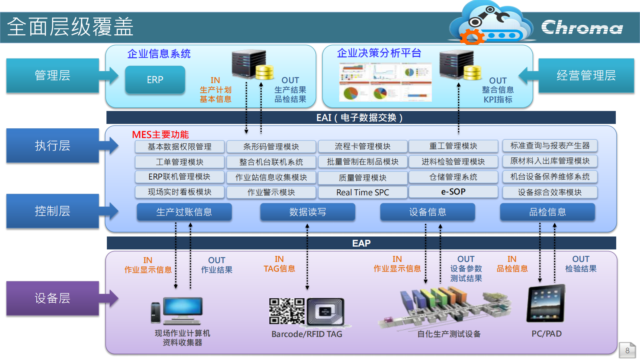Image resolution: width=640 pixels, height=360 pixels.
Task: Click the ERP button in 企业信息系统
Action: (x=155, y=80)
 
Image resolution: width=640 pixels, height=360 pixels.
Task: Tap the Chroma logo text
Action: (x=582, y=27)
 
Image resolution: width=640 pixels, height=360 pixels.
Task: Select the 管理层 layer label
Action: (x=52, y=75)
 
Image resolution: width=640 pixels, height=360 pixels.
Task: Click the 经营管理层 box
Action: (x=586, y=75)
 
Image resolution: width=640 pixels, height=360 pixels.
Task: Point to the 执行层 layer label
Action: (x=52, y=146)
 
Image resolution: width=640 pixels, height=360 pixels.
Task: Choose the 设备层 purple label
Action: (x=52, y=298)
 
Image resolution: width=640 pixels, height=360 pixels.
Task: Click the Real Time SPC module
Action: (x=363, y=193)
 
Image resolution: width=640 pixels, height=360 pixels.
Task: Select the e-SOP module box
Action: (x=453, y=192)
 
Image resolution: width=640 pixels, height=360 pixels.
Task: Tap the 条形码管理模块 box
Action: (x=271, y=147)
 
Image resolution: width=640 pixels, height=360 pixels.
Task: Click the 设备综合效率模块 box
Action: (x=550, y=193)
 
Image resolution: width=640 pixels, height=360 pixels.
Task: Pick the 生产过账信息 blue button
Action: (x=184, y=212)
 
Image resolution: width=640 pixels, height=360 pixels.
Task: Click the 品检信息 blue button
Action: (x=547, y=212)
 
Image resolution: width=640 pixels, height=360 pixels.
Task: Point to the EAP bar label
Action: (x=361, y=243)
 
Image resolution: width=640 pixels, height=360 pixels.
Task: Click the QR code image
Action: (x=287, y=311)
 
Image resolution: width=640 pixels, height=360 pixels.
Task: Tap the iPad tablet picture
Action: (x=546, y=303)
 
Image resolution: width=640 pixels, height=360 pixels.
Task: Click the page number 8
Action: (x=627, y=351)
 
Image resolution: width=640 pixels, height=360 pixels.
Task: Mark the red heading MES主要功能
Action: (x=161, y=135)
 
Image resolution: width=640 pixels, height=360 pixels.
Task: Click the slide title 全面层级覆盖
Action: (x=70, y=27)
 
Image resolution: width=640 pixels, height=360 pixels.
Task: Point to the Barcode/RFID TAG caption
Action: (x=306, y=334)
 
